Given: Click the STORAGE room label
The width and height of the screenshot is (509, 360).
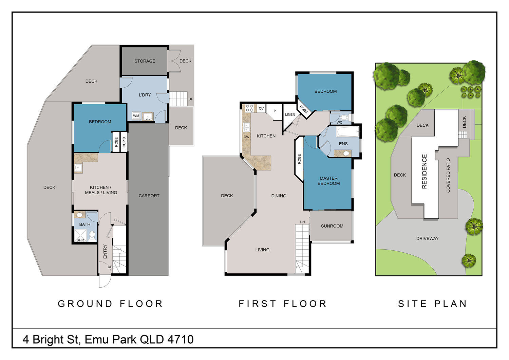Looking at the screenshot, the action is [x=145, y=61].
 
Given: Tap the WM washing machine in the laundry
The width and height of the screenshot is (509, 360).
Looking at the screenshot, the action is [x=136, y=116].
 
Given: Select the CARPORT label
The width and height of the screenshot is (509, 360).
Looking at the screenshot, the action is [x=149, y=196].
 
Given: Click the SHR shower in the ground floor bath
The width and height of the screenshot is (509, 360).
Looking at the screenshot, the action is [x=80, y=236].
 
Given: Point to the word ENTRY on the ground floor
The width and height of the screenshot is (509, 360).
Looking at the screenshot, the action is [x=105, y=251].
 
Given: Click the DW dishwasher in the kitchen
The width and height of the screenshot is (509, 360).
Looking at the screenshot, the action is [x=247, y=137].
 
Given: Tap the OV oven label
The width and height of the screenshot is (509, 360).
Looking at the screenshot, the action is [x=261, y=108].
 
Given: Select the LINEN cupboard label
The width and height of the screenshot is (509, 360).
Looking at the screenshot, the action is [x=290, y=114].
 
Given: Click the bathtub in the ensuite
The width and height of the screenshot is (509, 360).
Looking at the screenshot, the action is [x=348, y=132].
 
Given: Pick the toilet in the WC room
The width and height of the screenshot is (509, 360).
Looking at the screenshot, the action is [x=344, y=118].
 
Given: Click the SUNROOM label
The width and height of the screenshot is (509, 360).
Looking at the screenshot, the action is [x=332, y=226].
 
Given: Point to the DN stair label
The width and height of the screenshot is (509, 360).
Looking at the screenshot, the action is [x=302, y=222].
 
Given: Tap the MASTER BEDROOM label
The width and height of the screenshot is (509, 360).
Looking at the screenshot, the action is [x=328, y=181].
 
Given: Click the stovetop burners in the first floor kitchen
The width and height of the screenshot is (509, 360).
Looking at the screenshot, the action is [x=249, y=108].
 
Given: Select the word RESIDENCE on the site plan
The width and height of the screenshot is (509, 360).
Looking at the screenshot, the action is [x=424, y=172].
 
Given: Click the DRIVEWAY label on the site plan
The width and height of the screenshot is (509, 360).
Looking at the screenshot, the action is [x=428, y=238].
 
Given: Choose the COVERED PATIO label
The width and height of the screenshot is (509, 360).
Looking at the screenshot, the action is [x=448, y=175].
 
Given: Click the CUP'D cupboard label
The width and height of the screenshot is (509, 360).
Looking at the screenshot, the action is [x=124, y=142].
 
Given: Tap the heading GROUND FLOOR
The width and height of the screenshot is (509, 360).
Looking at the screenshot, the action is [x=110, y=304].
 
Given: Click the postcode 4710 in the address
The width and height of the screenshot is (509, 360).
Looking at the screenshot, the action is [x=181, y=340].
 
